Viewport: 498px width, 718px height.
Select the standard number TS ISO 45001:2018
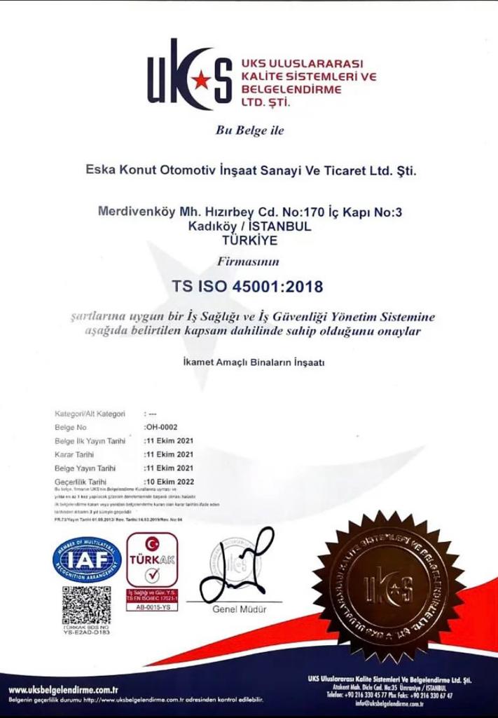pyautogui.click(x=249, y=286)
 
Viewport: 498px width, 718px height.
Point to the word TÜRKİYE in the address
pyautogui.click(x=249, y=240)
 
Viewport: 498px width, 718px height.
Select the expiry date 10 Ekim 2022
pyautogui.click(x=169, y=482)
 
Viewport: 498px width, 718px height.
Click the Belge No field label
pyautogui.click(x=71, y=427)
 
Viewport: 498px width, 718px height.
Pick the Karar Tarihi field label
pyautogui.click(x=75, y=454)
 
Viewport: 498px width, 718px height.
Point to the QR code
pyautogui.click(x=86, y=605)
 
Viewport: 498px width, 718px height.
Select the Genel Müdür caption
pyautogui.click(x=240, y=609)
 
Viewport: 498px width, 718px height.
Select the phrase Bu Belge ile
pyautogui.click(x=249, y=130)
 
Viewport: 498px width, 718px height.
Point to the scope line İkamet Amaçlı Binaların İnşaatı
pyautogui.click(x=249, y=363)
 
